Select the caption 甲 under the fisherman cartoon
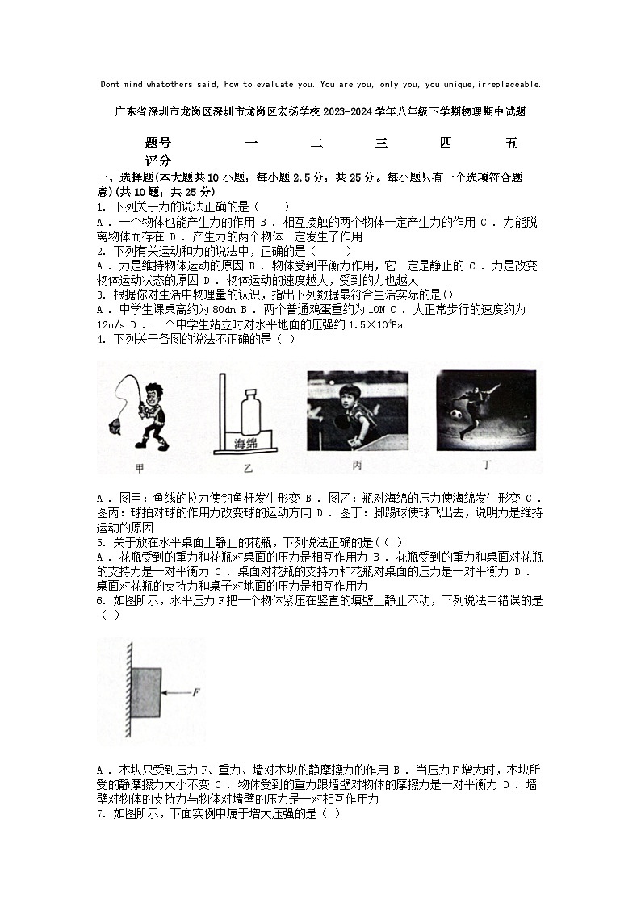tap(139, 468)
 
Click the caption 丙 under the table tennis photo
tap(357, 466)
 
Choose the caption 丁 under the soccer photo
tap(486, 465)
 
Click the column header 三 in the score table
tap(381, 144)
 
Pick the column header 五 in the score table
tap(510, 144)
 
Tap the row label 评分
tap(158, 161)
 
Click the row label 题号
tap(158, 144)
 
